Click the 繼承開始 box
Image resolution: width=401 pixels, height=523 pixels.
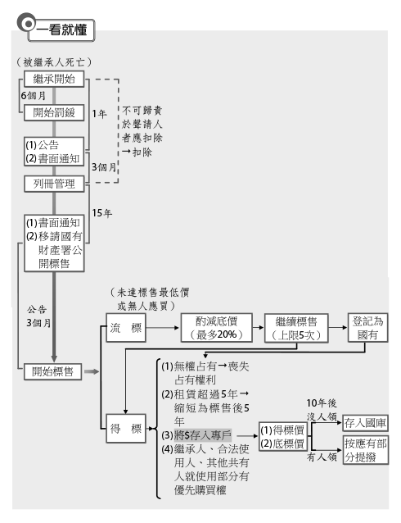(x=54, y=79)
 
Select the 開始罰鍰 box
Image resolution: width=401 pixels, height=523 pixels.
(x=54, y=113)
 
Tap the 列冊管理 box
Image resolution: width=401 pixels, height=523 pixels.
(x=54, y=184)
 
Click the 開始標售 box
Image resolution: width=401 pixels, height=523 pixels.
(x=52, y=371)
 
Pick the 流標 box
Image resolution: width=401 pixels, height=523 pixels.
(x=126, y=328)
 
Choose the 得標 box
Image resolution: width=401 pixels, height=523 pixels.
(x=126, y=429)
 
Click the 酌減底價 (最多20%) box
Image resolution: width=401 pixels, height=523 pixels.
(x=217, y=328)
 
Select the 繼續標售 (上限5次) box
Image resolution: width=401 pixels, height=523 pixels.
(x=296, y=328)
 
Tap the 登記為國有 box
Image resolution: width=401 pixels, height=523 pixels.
(x=368, y=328)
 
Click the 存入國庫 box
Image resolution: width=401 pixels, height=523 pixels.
(x=365, y=423)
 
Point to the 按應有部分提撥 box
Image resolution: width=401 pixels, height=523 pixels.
(x=365, y=449)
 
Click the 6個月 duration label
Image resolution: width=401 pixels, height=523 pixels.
(x=33, y=96)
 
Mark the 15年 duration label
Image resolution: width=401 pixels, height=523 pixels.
(x=102, y=213)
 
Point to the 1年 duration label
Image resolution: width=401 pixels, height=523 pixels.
(x=99, y=114)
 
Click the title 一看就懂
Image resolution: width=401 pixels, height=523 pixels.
(x=61, y=30)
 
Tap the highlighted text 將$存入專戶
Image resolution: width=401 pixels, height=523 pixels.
(x=202, y=435)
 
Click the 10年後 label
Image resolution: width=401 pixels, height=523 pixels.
(x=322, y=403)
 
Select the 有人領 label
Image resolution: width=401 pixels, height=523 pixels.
(x=322, y=457)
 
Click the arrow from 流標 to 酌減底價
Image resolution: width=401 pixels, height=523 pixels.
(x=163, y=328)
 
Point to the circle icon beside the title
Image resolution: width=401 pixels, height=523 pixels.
(x=27, y=23)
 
